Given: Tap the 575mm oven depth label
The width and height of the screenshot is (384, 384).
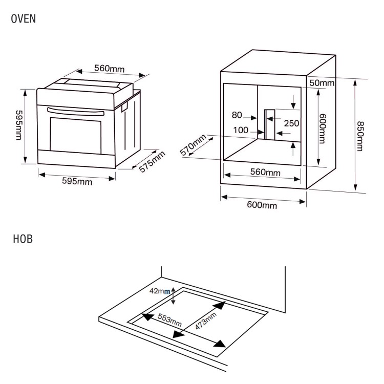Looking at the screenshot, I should click(153, 162).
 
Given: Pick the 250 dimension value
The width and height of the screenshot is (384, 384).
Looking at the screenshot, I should click(291, 123).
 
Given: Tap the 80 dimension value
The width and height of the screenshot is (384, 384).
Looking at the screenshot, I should click(237, 115).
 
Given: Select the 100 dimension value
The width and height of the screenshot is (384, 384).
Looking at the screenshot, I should click(240, 130).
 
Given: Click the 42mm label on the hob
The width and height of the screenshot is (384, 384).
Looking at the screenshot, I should click(159, 291).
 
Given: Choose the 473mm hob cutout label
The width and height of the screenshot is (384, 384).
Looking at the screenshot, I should click(205, 322).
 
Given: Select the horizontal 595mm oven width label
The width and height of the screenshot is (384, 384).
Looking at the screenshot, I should click(77, 182).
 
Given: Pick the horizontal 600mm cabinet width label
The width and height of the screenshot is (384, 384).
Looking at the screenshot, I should click(262, 205).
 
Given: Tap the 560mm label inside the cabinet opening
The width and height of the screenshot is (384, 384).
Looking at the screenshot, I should click(265, 172).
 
